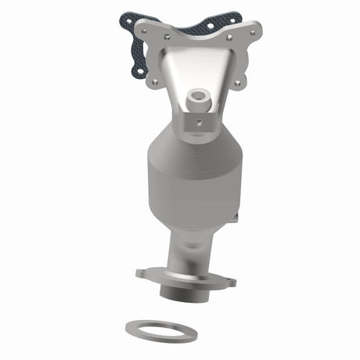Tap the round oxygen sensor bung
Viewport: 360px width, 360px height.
[198, 97]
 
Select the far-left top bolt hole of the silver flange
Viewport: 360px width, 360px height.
[142, 29]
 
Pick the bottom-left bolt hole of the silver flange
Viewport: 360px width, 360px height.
[155, 81]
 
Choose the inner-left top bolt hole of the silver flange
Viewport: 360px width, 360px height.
[167, 34]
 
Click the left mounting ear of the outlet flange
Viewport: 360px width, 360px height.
[141, 275]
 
